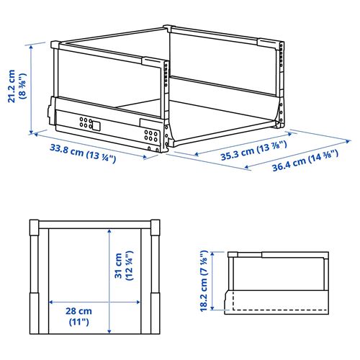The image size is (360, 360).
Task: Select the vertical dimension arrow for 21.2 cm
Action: [x=33, y=86]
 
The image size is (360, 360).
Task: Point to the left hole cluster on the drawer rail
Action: [x=86, y=122]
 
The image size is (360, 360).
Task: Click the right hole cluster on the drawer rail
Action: [x=150, y=134]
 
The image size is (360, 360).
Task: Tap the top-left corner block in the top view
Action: [x=35, y=229]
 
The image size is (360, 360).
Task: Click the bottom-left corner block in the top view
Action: [x=35, y=300]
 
